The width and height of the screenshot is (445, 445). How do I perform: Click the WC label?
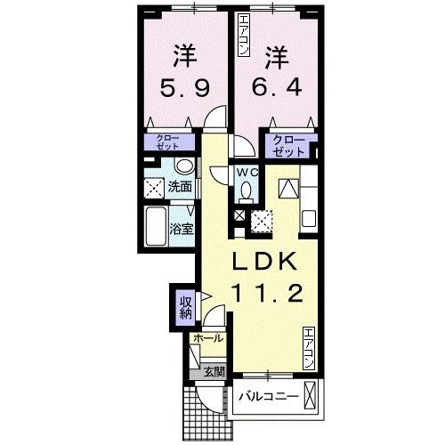247,173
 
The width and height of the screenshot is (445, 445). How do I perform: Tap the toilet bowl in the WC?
247,190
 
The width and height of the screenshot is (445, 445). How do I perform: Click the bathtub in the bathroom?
155,226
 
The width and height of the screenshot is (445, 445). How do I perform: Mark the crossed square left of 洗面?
154,188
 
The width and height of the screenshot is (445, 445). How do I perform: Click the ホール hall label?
206,339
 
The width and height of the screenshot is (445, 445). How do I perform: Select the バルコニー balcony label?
266,394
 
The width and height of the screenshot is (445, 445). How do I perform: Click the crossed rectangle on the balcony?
311,393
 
